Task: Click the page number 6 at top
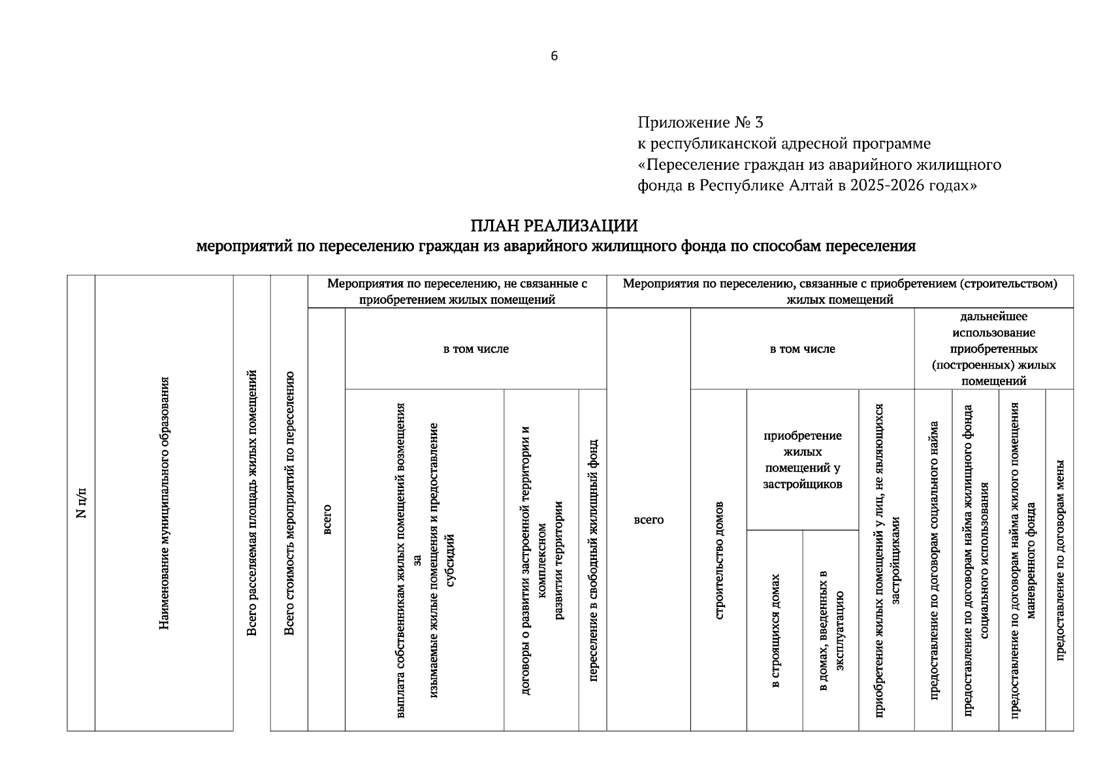tap(554, 56)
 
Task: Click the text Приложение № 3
tap(700, 122)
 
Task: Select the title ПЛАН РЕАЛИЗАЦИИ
tap(554, 226)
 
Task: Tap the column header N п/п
tap(81, 503)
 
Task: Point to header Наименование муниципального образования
tap(164, 503)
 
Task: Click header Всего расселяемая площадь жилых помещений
tap(252, 503)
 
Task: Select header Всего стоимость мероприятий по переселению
tap(289, 503)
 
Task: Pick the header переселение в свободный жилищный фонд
tap(593, 560)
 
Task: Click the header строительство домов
tap(718, 560)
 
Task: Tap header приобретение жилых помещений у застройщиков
tap(802, 460)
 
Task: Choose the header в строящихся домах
tap(775, 630)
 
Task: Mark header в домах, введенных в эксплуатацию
tap(831, 630)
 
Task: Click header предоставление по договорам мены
tap(1059, 560)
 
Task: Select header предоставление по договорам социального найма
tap(933, 560)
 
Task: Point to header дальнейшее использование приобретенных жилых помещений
tap(993, 349)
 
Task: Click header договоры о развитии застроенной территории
tap(541, 560)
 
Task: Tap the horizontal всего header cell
tap(649, 519)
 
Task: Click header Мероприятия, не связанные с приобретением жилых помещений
tap(457, 291)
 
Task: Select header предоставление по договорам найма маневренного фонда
tap(1022, 560)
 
